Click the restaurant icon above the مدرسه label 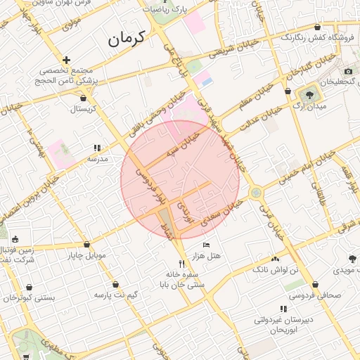[x=97, y=148]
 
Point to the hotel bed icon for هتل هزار [x=206, y=245]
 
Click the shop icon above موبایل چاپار [x=87, y=244]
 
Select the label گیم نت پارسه [x=116, y=293]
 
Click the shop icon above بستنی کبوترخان [x=30, y=288]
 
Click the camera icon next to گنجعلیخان [x=348, y=71]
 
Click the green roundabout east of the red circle [x=256, y=192]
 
